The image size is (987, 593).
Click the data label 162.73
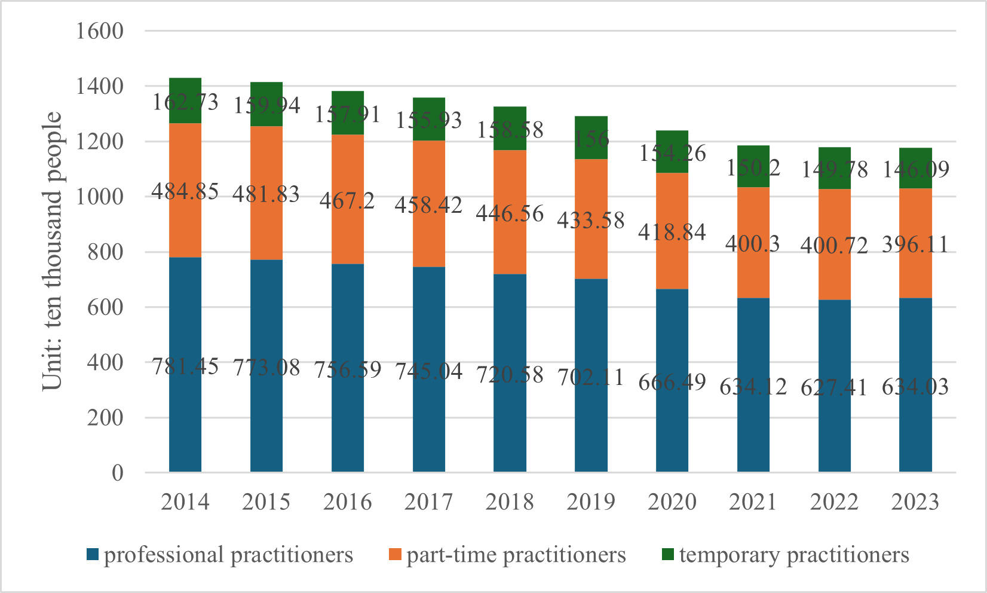pyautogui.click(x=185, y=102)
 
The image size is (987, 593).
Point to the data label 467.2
pyautogui.click(x=347, y=200)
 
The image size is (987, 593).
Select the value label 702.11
pyautogui.click(x=590, y=377)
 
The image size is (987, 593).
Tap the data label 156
pyautogui.click(x=590, y=139)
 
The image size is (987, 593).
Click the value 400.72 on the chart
pyautogui.click(x=834, y=245)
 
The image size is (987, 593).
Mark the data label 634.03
pyautogui.click(x=915, y=387)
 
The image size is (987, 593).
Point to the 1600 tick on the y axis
pyautogui.click(x=99, y=31)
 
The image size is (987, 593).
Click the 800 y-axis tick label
pyautogui.click(x=105, y=252)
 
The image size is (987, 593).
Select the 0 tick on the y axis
pyautogui.click(x=117, y=473)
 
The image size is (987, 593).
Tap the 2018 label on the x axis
pyautogui.click(x=510, y=502)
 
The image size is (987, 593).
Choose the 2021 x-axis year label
pyautogui.click(x=753, y=502)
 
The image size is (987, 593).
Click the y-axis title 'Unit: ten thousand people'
pyautogui.click(x=53, y=251)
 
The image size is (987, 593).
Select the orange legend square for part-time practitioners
pyautogui.click(x=394, y=555)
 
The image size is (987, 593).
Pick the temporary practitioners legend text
pyautogui.click(x=794, y=555)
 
